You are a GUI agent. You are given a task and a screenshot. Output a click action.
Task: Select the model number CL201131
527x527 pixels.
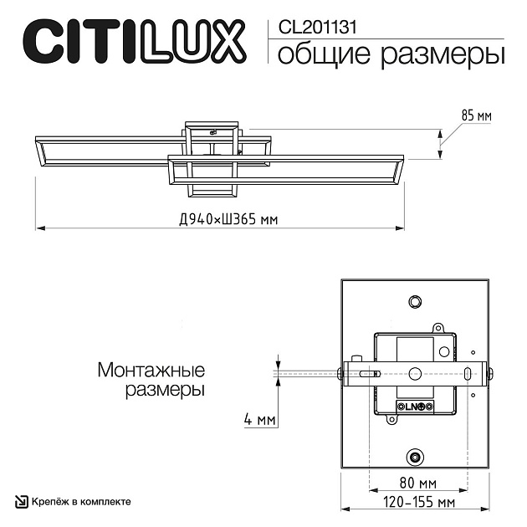pyautogui.click(x=311, y=26)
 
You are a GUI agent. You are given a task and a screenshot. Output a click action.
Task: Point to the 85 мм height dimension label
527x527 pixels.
pyautogui.click(x=476, y=115)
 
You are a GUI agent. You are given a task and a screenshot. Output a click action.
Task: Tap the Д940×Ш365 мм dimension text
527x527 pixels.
pyautogui.click(x=228, y=220)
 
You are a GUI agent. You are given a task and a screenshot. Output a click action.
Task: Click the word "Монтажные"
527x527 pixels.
pyautogui.click(x=151, y=370)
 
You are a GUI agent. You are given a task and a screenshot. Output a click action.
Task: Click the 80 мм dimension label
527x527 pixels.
pyautogui.click(x=417, y=484)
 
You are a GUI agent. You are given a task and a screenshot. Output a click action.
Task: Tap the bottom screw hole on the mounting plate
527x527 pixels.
pyautogui.click(x=414, y=457)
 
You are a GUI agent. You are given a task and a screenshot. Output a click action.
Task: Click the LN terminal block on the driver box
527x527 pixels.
pyautogui.click(x=415, y=407)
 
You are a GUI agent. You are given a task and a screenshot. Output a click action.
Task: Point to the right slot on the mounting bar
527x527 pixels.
pyautogui.click(x=457, y=373)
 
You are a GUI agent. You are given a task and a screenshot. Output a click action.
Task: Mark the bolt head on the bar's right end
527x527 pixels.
pyautogui.click(x=489, y=373)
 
